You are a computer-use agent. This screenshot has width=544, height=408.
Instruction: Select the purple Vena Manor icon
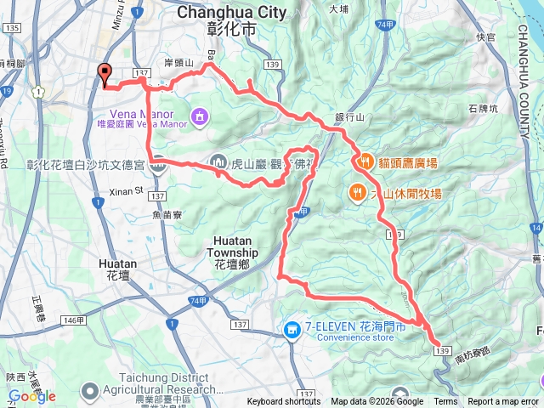199,115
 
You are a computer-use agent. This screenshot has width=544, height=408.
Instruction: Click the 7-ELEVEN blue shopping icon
292,329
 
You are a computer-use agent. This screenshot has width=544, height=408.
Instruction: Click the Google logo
31,396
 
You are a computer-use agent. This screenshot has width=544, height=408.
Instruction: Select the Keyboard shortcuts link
284,402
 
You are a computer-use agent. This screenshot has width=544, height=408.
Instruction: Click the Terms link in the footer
445,402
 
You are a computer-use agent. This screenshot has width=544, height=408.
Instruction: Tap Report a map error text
504,402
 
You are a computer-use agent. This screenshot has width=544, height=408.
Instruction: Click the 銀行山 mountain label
348,117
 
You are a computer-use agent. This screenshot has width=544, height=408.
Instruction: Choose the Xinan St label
127,193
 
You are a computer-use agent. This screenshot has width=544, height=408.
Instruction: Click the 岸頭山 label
178,64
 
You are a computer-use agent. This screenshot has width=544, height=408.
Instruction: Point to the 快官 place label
485,37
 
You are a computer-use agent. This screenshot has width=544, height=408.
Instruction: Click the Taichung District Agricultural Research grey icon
89,391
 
